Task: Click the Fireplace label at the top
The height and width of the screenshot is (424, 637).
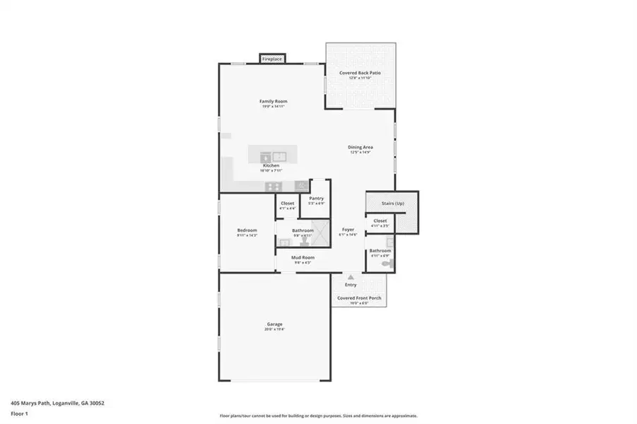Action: [x=272, y=59]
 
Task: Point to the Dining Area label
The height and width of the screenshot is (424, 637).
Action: [x=360, y=147]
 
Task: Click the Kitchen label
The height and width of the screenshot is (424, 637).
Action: [x=271, y=165]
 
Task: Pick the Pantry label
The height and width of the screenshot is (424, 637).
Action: [x=316, y=199]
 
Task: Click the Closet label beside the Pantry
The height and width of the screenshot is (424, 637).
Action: [x=287, y=204]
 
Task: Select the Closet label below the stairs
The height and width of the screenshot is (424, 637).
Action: [x=380, y=220]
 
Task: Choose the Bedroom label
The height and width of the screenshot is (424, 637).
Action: [x=247, y=230]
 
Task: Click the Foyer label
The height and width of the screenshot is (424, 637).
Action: [x=348, y=230]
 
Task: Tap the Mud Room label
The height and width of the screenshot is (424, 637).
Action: [x=303, y=257]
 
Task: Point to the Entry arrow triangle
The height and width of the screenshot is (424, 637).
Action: [x=350, y=276]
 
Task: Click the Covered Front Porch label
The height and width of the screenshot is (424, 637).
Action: [x=359, y=298]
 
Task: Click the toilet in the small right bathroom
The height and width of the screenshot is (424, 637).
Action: [x=385, y=263]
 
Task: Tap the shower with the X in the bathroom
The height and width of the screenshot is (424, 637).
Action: [x=322, y=232]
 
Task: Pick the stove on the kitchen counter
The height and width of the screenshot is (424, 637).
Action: [x=273, y=186]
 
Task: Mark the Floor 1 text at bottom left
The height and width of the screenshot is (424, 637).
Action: [x=20, y=416]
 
